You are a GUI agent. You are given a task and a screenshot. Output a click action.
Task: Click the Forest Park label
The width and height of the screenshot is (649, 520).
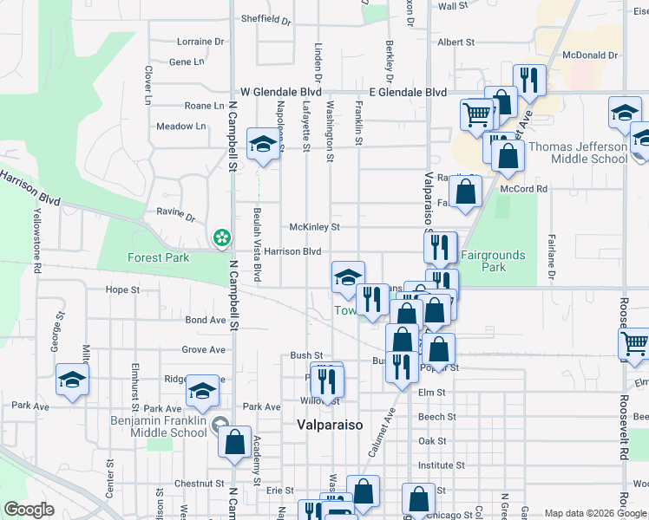pos(157,257)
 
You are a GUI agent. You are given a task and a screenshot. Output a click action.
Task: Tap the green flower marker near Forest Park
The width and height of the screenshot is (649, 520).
pos(222,237)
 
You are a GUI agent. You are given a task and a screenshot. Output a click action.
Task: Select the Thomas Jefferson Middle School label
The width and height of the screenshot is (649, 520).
pos(578,153)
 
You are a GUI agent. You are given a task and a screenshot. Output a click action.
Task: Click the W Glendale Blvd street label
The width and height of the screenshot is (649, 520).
pos(281,92)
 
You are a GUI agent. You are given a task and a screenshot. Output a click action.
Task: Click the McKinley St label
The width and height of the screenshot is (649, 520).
pos(314,227)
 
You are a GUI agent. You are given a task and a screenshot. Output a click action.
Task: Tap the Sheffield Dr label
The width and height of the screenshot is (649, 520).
pos(265,18)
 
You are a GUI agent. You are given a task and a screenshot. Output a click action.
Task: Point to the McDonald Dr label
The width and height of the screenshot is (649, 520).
pos(589,55)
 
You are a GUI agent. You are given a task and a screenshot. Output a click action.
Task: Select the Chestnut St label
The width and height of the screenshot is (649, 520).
pos(199,484)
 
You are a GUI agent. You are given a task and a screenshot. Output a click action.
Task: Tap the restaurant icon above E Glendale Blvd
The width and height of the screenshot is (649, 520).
pos(528,81)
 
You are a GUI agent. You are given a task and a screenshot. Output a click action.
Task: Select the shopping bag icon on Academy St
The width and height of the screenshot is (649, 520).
pos(234,441)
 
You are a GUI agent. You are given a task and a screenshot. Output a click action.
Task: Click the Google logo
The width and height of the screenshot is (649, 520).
pos(29,510)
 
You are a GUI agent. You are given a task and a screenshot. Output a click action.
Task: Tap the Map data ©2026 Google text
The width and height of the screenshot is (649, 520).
pos(594,513)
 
